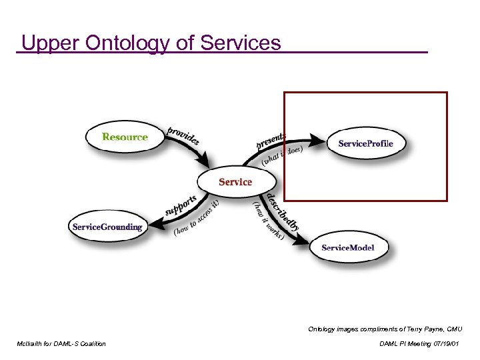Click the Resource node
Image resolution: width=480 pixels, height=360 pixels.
tap(125, 137)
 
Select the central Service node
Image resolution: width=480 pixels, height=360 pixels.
tap(235, 181)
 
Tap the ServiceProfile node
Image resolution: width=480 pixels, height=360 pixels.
tap(365, 143)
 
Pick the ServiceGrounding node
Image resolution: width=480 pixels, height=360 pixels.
tap(107, 227)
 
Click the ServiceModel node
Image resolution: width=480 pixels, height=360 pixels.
tap(348, 247)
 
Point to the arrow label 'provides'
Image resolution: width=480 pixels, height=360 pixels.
tap(183, 135)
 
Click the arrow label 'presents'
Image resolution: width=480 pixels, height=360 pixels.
tap(271, 140)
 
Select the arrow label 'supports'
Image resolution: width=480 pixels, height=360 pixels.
tap(181, 205)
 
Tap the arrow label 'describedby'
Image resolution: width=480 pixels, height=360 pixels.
tap(283, 211)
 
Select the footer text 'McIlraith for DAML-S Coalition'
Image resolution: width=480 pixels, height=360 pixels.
tap(61, 343)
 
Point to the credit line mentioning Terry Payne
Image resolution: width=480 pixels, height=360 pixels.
tap(385, 329)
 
